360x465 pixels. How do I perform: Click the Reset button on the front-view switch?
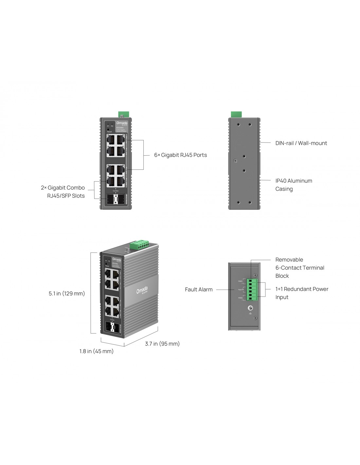pos(108,129)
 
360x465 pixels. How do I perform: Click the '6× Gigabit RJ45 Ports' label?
pos(180,155)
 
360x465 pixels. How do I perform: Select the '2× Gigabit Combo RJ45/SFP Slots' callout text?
pos(63,192)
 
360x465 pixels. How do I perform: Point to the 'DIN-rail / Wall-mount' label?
pos(301,143)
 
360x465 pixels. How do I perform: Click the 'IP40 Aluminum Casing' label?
pos(294,185)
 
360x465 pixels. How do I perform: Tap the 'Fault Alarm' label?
pos(199,289)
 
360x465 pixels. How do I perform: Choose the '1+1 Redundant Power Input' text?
pos(301,293)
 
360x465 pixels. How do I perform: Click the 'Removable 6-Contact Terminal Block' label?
pos(299,267)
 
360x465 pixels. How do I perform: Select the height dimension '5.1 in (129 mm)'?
pos(67,293)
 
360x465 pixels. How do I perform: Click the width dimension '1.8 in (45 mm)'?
pos(97,351)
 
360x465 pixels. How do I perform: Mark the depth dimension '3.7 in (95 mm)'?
pos(162,344)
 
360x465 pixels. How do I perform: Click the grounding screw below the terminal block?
pos(250,308)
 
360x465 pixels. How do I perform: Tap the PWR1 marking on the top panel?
pos(241,281)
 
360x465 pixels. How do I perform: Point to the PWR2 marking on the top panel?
pos(241,298)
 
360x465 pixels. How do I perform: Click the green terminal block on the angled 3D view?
pos(139,244)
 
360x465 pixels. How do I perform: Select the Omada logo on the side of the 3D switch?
pos(142,290)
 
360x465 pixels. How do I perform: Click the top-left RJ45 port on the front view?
pos(111,139)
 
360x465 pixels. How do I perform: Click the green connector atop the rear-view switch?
pos(236,114)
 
